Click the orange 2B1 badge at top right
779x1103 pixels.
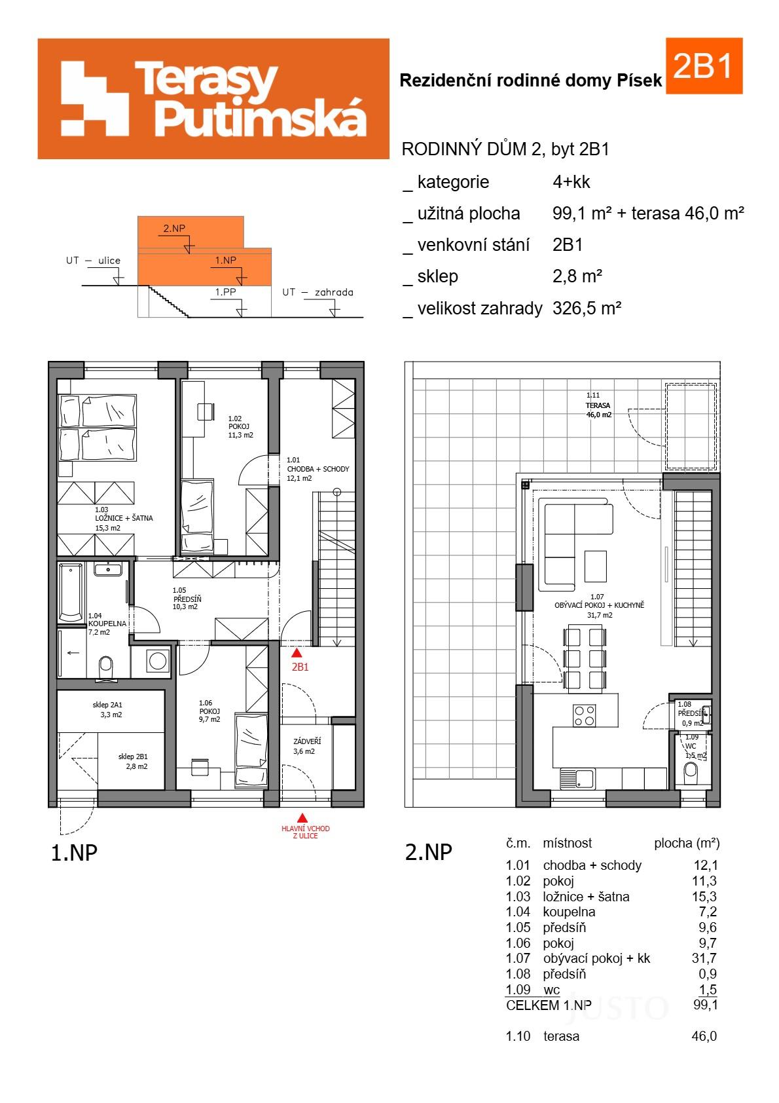tap(703, 66)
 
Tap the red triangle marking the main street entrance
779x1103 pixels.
tap(302, 817)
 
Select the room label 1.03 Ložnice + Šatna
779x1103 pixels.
tap(123, 518)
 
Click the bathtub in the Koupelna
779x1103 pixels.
tap(71, 592)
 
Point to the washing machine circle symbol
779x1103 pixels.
tap(158, 661)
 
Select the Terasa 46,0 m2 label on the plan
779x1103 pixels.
tap(598, 405)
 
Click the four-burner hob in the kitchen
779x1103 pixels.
tap(585, 715)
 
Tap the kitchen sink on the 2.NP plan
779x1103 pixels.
tap(576, 779)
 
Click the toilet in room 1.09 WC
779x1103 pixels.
tap(691, 773)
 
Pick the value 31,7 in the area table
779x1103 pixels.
tap(704, 958)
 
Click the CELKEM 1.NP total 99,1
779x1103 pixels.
tap(704, 1005)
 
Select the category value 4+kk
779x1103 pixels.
tap(571, 182)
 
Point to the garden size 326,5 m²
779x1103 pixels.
tap(586, 308)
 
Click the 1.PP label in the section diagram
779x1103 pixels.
tap(226, 292)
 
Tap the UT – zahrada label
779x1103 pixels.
tap(317, 292)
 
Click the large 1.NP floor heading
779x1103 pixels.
tap(74, 853)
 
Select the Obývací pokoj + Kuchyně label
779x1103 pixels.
tap(599, 605)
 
